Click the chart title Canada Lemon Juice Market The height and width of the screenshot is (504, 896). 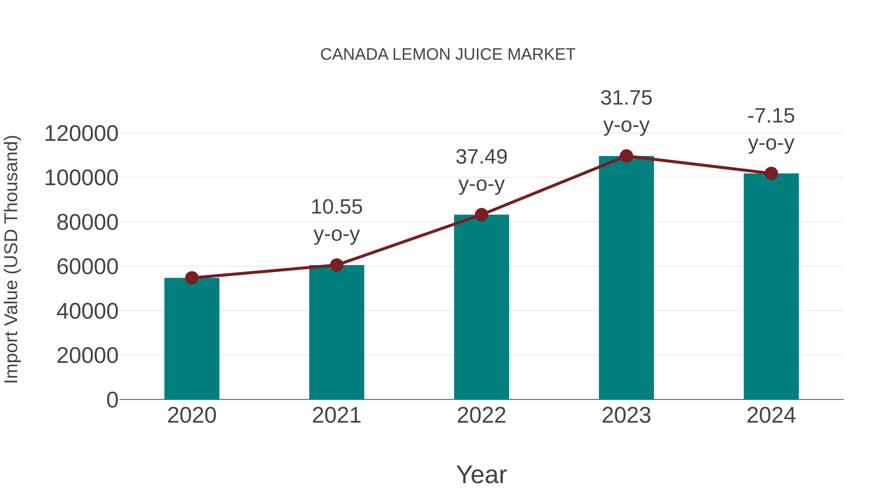448,55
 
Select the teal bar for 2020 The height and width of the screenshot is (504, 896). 192,339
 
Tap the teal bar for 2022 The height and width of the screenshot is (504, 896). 481,308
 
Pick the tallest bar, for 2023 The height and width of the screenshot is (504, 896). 626,278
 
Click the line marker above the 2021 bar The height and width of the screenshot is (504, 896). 336,265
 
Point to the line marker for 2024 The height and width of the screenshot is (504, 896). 771,173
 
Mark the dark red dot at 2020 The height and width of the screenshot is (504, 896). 192,278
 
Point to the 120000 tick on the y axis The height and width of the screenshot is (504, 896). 81,134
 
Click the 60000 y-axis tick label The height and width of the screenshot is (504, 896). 87,267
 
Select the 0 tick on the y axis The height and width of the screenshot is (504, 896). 112,400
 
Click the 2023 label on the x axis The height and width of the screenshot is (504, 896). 626,415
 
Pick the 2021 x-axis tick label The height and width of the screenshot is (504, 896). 336,415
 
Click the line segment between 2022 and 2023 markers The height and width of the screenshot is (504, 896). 554,186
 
